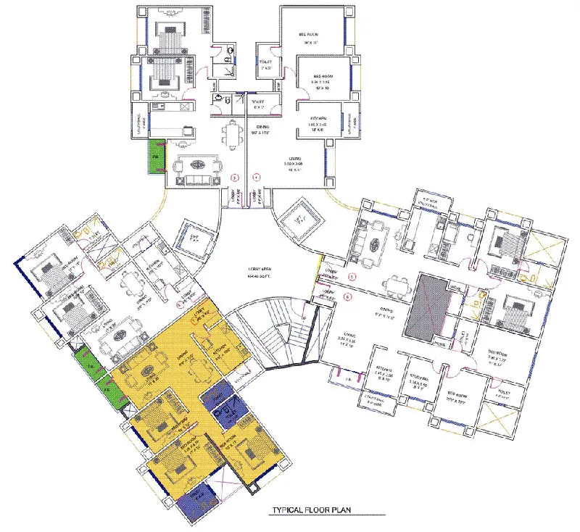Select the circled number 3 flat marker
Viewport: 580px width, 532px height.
(x=234, y=176)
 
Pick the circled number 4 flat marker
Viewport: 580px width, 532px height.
(x=256, y=176)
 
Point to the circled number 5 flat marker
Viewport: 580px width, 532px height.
(x=352, y=277)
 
